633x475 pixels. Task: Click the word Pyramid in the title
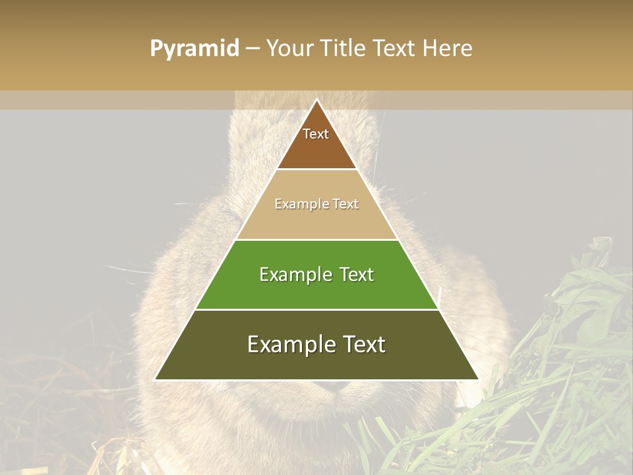(x=195, y=49)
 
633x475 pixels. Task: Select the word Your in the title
(x=289, y=49)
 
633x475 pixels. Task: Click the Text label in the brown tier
(x=316, y=134)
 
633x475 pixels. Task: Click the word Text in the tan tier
(x=346, y=205)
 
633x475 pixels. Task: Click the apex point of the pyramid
(x=316, y=100)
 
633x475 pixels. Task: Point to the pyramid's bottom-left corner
(x=156, y=379)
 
